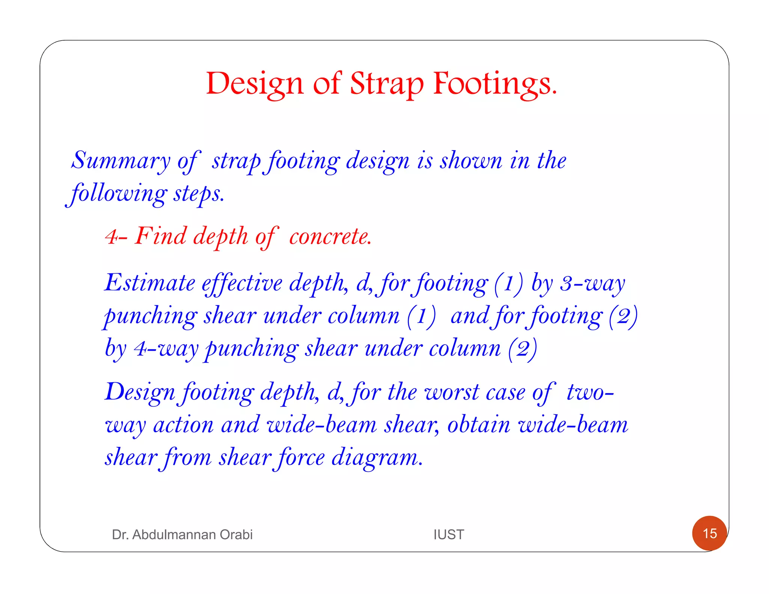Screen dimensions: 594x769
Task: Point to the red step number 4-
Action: point(116,237)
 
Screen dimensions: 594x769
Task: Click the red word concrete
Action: point(330,237)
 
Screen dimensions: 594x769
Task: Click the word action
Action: point(184,425)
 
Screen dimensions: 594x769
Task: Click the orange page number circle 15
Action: point(709,533)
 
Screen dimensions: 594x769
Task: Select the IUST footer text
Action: point(449,534)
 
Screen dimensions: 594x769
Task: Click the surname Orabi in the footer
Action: point(236,534)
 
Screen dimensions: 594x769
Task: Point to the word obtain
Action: point(479,425)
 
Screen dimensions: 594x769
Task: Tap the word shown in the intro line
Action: point(471,161)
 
